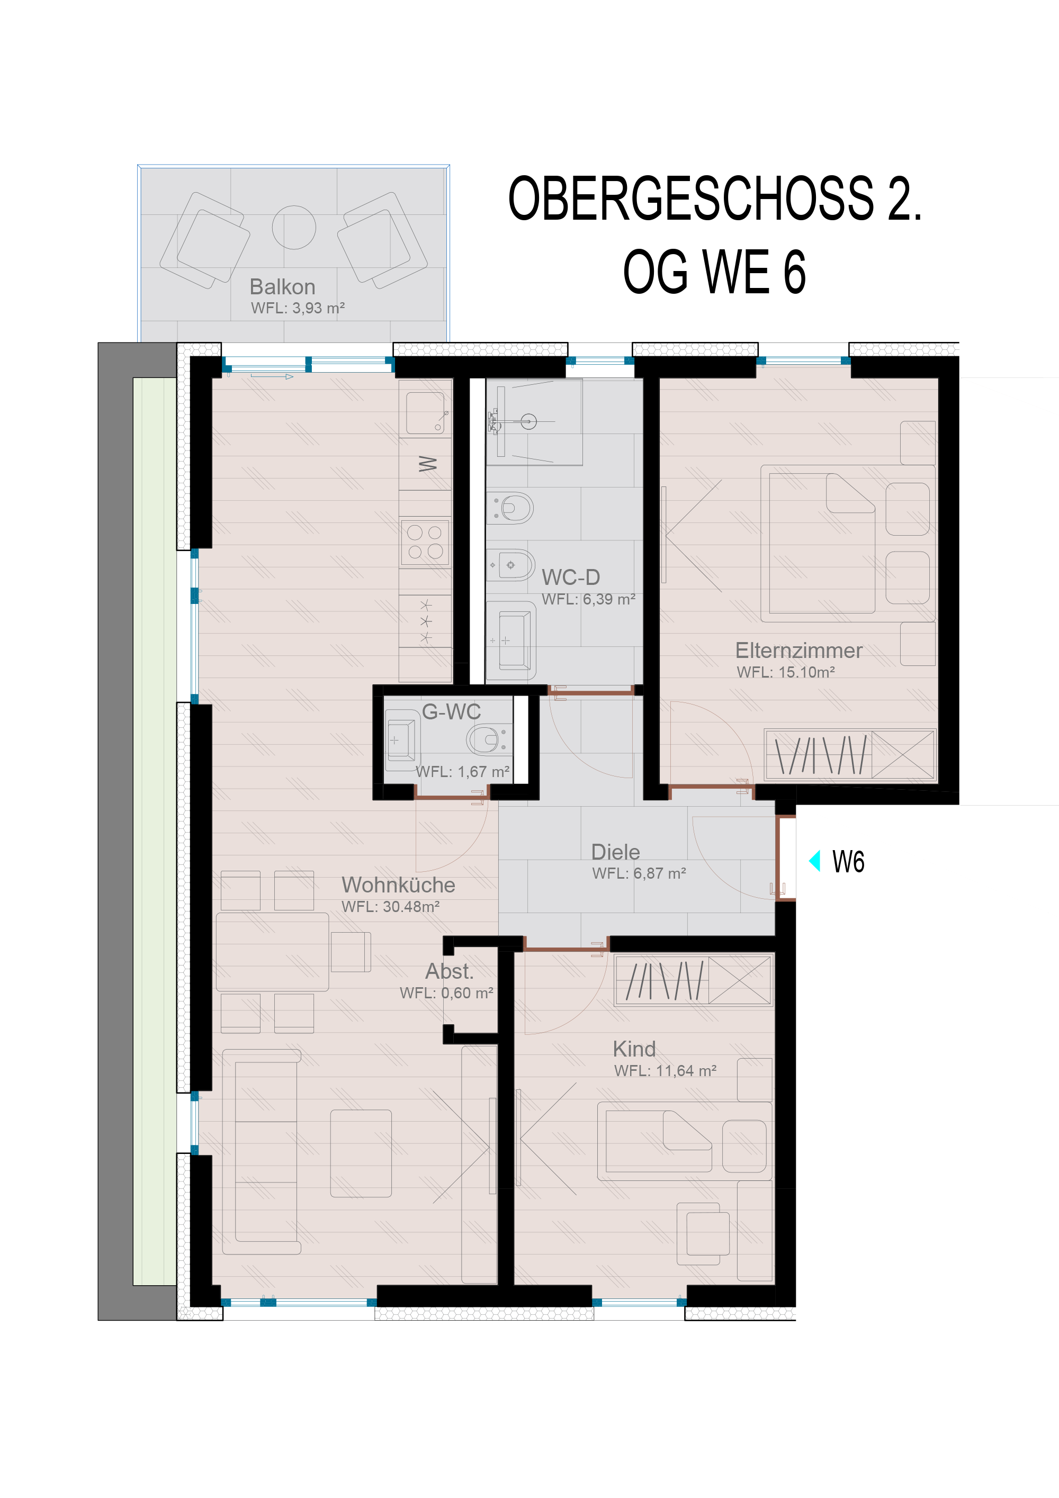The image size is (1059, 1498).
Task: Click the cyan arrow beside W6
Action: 814,861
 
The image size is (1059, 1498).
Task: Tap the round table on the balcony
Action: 294,227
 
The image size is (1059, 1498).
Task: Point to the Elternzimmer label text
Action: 798,650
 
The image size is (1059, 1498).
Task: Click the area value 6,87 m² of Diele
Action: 660,873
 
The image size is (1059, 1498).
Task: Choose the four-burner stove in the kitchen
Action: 425,542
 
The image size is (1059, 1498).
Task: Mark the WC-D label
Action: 570,577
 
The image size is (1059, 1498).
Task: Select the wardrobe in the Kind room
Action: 694,979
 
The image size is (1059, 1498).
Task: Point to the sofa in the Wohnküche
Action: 262,1152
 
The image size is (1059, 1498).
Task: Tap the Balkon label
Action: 283,286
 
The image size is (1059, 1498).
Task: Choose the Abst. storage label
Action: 449,971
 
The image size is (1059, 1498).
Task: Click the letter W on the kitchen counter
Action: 427,464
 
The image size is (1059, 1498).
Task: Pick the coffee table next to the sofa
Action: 361,1153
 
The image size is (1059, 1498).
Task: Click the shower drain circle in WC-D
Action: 528,421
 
